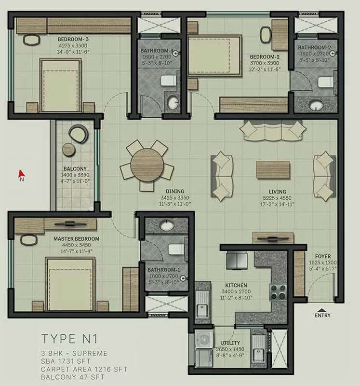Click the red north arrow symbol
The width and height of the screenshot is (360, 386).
(21, 173)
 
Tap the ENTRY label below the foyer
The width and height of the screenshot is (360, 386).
(322, 315)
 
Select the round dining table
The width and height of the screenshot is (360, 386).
(147, 165)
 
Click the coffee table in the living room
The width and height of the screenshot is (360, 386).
(273, 170)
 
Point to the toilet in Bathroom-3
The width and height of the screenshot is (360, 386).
(169, 81)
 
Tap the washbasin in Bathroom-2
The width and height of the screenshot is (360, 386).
(316, 106)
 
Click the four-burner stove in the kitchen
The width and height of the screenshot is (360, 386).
(279, 292)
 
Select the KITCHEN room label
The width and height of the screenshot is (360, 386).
(236, 285)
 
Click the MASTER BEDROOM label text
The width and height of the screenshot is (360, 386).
(77, 239)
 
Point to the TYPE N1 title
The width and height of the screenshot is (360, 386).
(69, 339)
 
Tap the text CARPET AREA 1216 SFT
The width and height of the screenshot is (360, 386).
(84, 369)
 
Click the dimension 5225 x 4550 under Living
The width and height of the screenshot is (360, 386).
(277, 198)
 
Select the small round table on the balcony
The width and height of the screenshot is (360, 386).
(68, 150)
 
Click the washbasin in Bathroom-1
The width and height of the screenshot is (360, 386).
(167, 225)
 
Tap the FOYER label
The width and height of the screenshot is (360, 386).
(323, 256)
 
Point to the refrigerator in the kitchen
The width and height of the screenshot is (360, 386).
(237, 260)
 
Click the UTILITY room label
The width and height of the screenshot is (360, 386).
(230, 343)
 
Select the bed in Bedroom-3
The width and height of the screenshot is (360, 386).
(61, 85)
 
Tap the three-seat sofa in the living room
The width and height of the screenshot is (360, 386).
(273, 130)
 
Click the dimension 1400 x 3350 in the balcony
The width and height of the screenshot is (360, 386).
(75, 175)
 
